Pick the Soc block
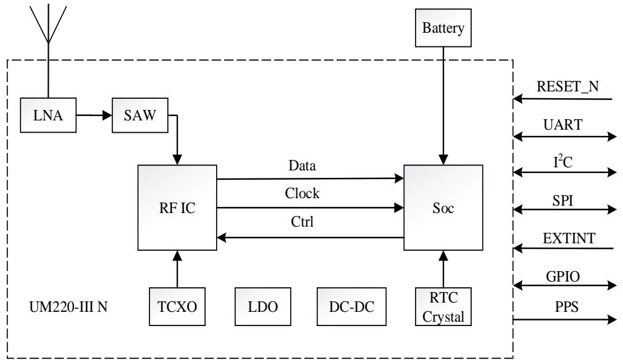click(443, 207)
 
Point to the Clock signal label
click(302, 194)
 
